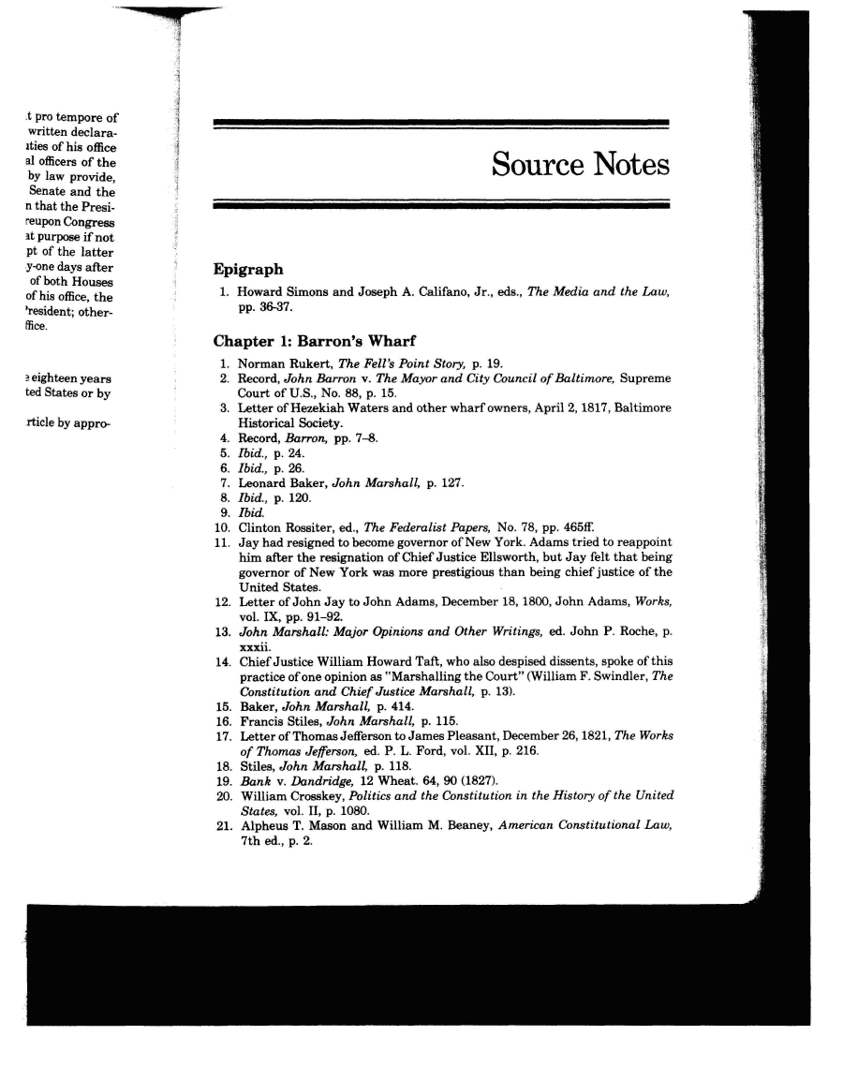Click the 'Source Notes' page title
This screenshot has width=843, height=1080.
(x=580, y=165)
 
